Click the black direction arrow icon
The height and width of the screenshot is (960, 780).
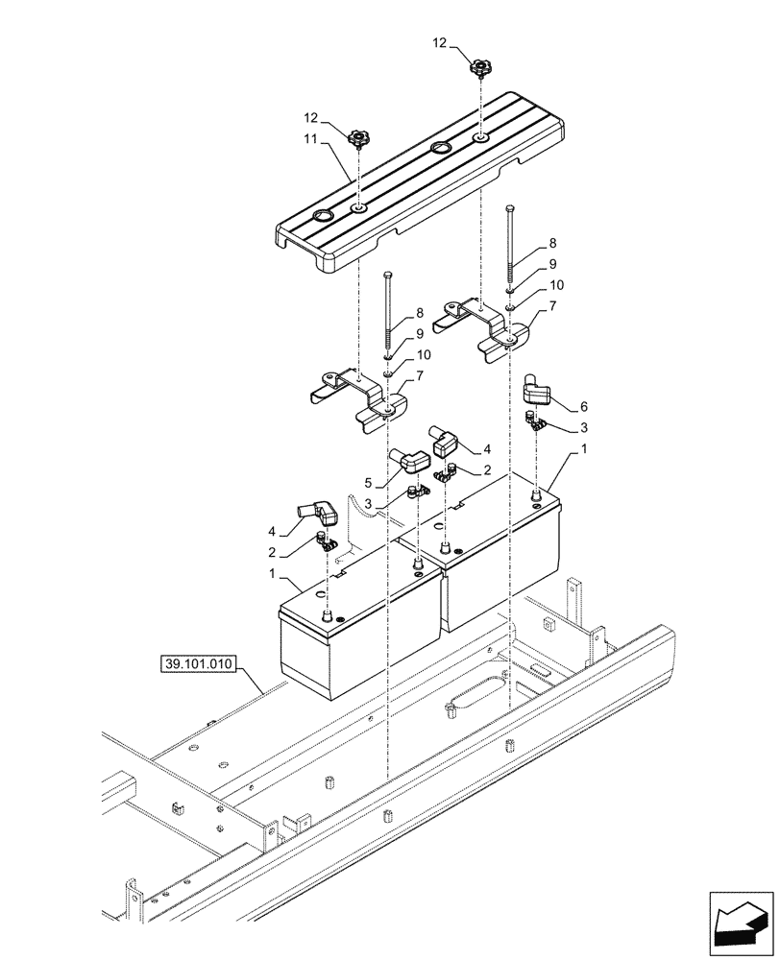(x=741, y=920)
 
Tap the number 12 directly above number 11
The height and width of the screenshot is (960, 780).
(x=309, y=116)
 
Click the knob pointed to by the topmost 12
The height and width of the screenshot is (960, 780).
(x=479, y=68)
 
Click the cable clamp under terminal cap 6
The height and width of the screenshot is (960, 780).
(x=533, y=420)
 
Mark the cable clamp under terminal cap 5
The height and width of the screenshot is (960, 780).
(x=417, y=492)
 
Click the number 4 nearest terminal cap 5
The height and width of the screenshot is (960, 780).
(x=487, y=448)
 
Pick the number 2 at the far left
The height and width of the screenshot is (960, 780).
(x=271, y=553)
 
